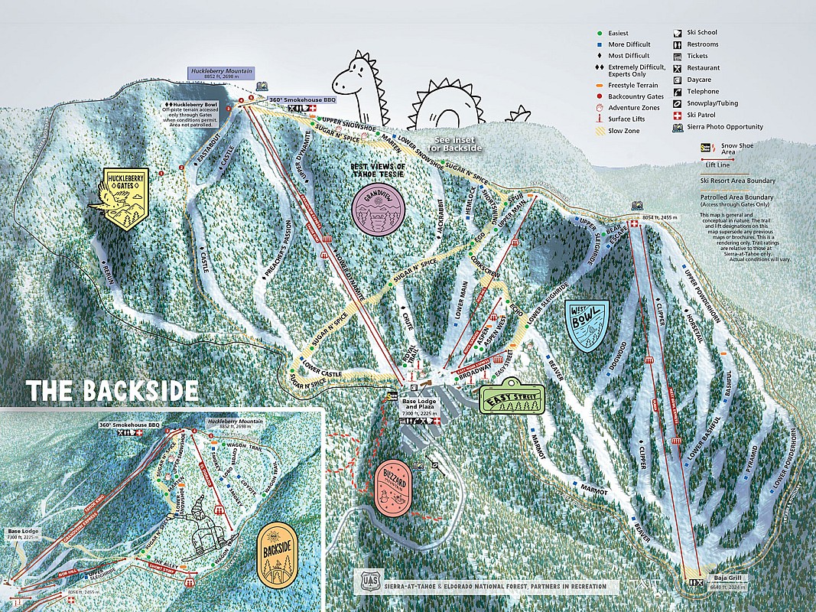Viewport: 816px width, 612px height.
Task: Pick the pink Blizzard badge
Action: coord(394,487)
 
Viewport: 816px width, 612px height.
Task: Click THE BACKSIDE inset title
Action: coord(112,389)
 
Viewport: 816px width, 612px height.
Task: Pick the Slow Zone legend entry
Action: coord(623,131)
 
